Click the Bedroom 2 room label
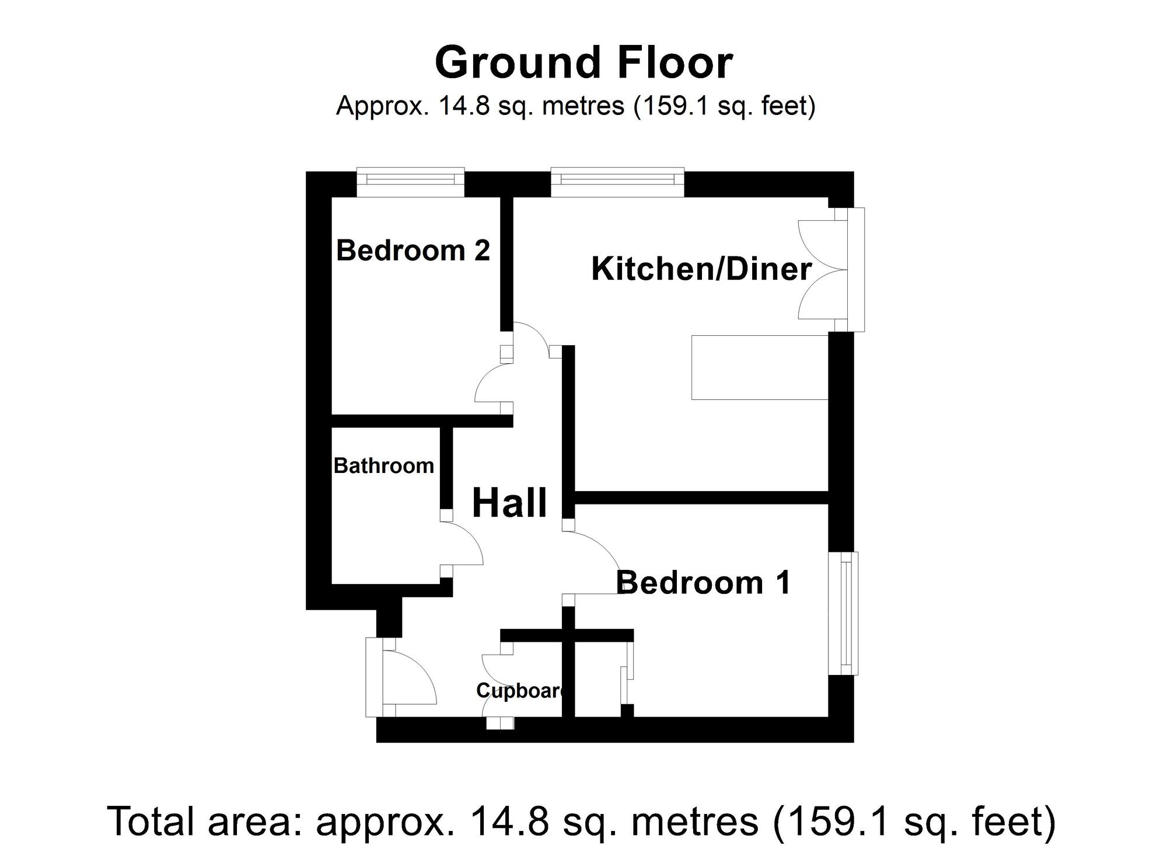click(413, 250)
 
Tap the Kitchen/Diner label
click(701, 269)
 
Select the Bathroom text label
click(384, 465)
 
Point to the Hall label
click(509, 503)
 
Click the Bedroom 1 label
click(703, 582)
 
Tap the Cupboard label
click(521, 690)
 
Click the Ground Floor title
click(583, 62)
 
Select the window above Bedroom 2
click(411, 182)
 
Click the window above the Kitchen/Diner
click(617, 182)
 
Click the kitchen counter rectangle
click(760, 367)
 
